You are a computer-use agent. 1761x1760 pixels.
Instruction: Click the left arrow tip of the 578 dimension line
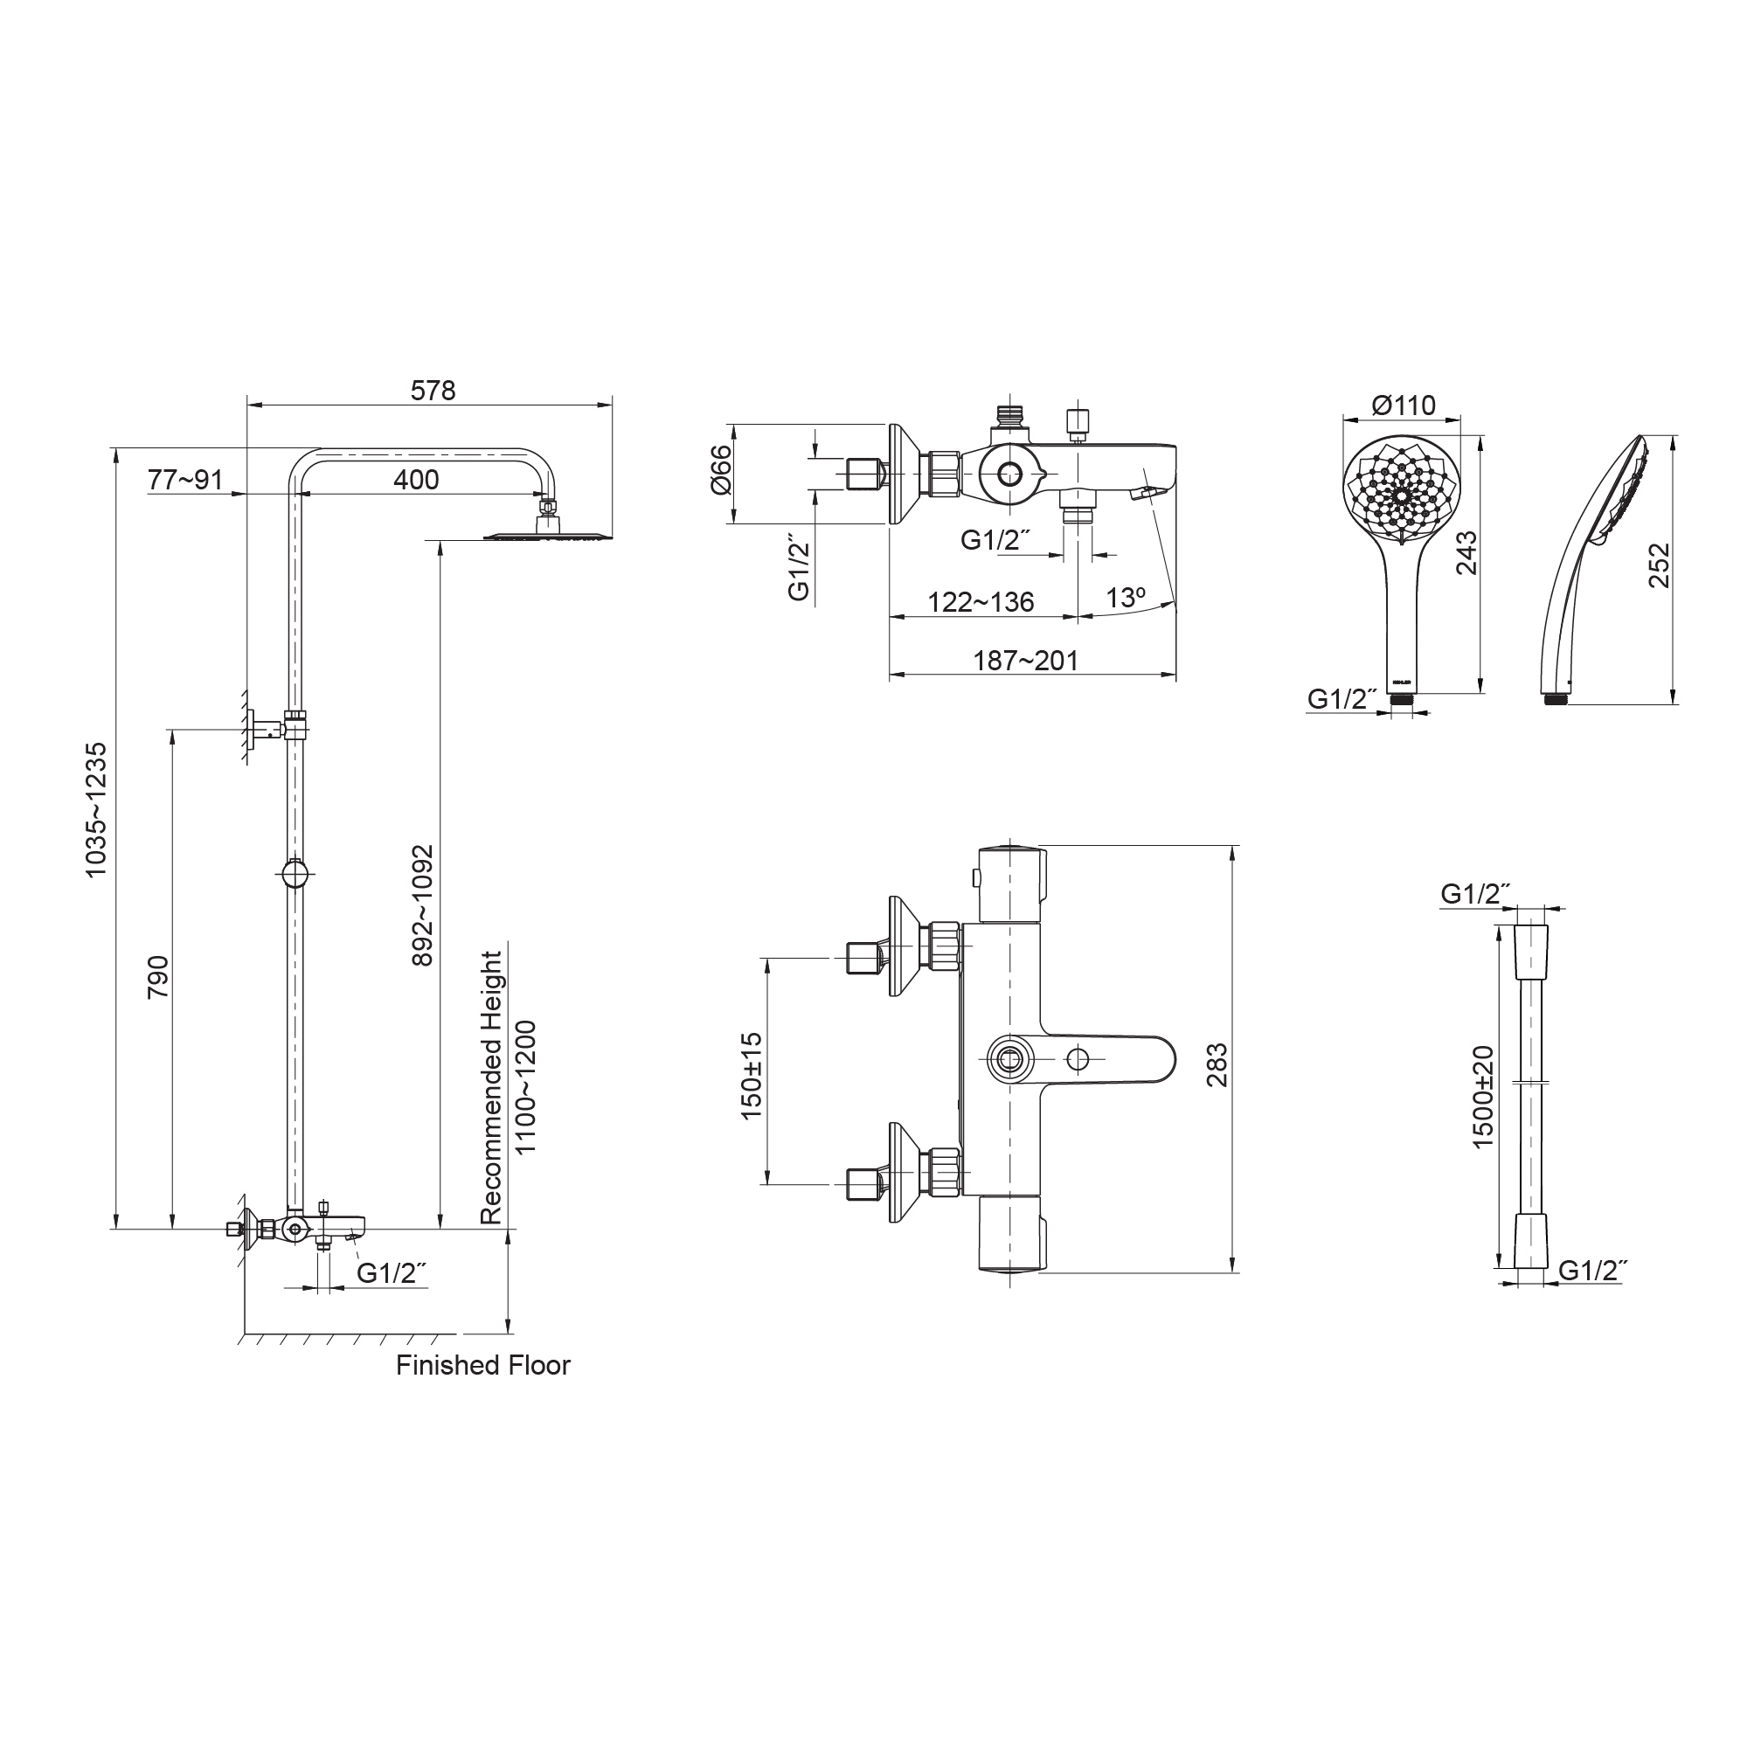(249, 405)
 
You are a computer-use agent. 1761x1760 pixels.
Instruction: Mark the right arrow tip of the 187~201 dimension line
(1175, 675)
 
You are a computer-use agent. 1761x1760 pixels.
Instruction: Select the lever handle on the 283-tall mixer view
(1094, 1059)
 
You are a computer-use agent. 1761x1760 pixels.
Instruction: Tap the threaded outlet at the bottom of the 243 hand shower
(1402, 699)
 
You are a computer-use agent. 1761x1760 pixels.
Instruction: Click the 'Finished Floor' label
(483, 1365)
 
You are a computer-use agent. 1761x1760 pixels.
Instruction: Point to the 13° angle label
(1126, 598)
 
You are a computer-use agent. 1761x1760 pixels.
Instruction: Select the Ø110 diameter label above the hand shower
(1403, 405)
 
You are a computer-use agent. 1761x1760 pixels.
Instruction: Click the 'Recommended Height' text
(491, 1087)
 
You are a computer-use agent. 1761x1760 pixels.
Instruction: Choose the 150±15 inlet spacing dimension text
(751, 1076)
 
